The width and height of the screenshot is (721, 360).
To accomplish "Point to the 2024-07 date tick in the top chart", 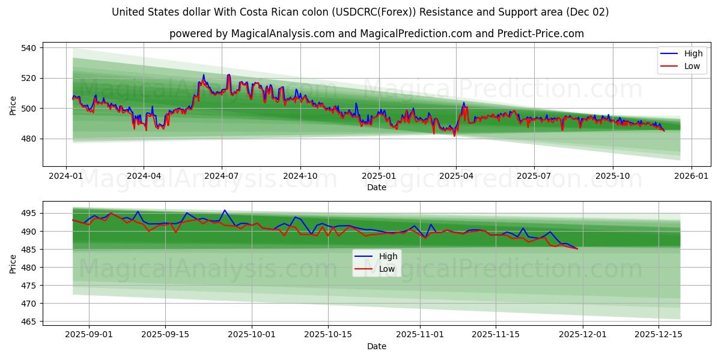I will pos(222,176).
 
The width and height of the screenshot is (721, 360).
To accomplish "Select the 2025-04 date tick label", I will pos(456,176).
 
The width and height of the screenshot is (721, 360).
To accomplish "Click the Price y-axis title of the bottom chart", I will pos(13,263).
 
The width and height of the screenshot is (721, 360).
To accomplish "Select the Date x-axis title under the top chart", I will pos(377,187).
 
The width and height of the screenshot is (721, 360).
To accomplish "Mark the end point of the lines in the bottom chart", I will pos(577,248).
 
